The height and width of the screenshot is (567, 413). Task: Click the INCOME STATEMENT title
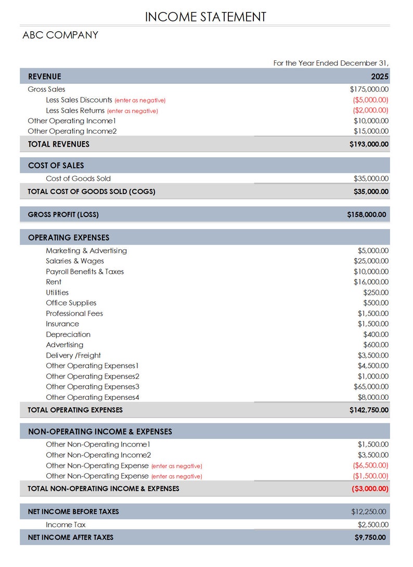pyautogui.click(x=205, y=17)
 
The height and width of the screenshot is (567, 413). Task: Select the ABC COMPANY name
pyautogui.click(x=60, y=35)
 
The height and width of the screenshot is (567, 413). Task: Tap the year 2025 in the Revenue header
pyautogui.click(x=379, y=77)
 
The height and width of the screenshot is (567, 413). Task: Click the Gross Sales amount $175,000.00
pyautogui.click(x=369, y=90)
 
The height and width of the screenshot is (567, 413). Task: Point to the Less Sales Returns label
pyautogui.click(x=75, y=110)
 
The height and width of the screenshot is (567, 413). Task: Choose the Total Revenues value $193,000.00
pyautogui.click(x=369, y=144)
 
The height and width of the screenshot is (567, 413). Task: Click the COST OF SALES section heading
pyautogui.click(x=56, y=166)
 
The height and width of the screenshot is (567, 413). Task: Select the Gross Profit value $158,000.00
pyautogui.click(x=366, y=215)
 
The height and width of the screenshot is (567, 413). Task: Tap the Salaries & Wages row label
pyautogui.click(x=74, y=261)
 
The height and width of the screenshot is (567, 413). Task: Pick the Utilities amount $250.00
pyautogui.click(x=376, y=293)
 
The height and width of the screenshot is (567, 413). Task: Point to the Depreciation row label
pyautogui.click(x=68, y=335)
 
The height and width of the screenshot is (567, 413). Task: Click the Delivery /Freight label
pyautogui.click(x=73, y=356)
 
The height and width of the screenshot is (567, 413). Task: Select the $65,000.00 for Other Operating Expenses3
pyautogui.click(x=371, y=387)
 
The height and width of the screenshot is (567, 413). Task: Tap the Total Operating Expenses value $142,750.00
pyautogui.click(x=369, y=410)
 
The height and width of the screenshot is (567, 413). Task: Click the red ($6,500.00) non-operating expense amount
pyautogui.click(x=370, y=465)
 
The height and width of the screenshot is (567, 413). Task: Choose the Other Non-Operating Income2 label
pyautogui.click(x=98, y=455)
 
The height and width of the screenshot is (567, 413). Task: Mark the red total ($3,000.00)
pyautogui.click(x=370, y=489)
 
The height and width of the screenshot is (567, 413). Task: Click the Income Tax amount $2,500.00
pyautogui.click(x=373, y=525)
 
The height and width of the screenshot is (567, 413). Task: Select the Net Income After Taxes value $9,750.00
pyautogui.click(x=370, y=537)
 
